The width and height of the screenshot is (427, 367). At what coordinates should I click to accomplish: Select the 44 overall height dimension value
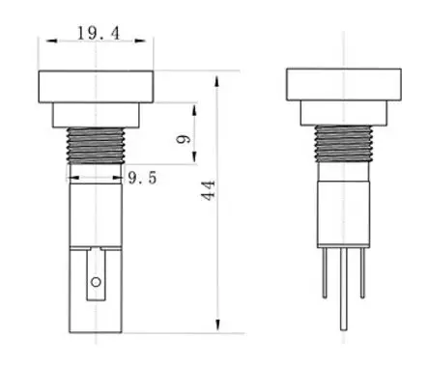click(207, 189)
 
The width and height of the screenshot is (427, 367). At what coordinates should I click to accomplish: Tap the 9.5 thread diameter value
click(142, 178)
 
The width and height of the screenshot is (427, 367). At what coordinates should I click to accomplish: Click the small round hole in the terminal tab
click(95, 282)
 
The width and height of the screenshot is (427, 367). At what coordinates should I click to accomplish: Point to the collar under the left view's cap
click(95, 114)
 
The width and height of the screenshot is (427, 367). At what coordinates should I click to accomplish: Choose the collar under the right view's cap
click(343, 114)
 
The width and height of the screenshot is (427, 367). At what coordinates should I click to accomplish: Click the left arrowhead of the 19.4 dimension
click(43, 42)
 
